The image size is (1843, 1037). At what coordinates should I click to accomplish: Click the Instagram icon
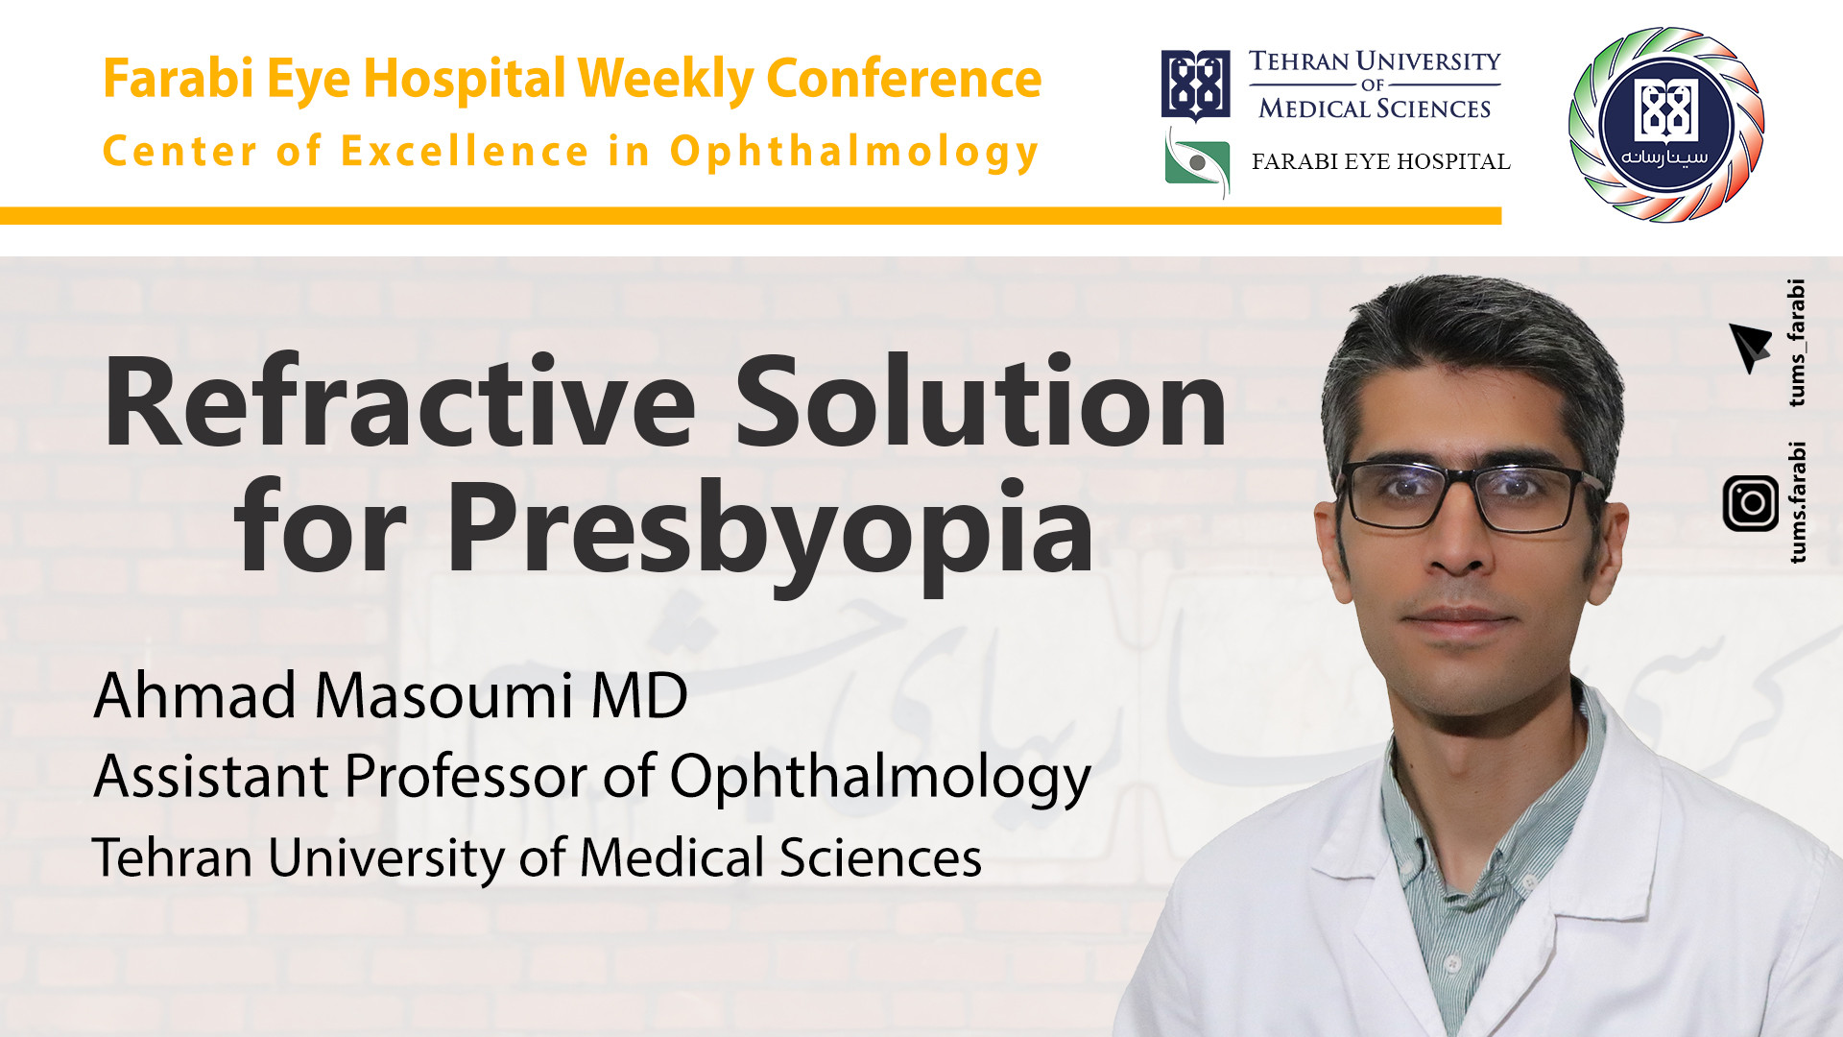point(1750,503)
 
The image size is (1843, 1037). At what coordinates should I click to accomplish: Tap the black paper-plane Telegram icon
point(1749,346)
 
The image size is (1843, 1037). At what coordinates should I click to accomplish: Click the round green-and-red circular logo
point(1666,125)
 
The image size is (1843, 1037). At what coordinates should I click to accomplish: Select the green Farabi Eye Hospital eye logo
point(1197,163)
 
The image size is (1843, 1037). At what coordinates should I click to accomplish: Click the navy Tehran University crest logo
point(1195,85)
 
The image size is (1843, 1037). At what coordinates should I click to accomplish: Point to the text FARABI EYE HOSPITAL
point(1380,161)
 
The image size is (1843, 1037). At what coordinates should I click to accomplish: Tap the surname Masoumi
point(444,695)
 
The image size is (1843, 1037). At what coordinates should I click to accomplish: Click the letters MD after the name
point(639,695)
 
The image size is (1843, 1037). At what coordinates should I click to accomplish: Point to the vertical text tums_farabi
point(1796,343)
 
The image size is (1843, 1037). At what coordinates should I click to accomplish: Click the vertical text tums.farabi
point(1796,502)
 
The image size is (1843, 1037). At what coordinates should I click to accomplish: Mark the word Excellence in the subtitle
point(465,152)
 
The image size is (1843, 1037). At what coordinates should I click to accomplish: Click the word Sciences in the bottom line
point(880,857)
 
